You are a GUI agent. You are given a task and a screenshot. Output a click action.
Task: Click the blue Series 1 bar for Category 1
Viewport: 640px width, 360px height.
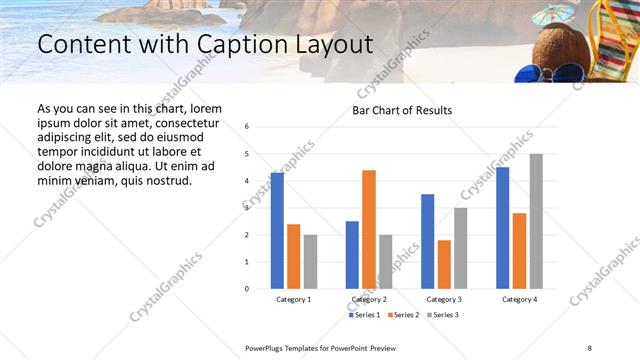277,231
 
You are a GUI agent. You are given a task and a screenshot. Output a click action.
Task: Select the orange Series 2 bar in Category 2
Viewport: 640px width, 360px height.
368,230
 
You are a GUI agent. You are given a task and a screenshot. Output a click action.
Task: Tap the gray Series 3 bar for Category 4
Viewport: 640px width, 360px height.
536,221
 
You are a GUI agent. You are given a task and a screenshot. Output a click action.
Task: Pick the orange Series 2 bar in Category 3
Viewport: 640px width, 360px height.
443,264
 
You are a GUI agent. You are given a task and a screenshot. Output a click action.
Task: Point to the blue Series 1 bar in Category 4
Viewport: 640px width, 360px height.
502,228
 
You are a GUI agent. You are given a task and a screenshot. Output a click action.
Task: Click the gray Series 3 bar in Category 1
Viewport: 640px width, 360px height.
310,262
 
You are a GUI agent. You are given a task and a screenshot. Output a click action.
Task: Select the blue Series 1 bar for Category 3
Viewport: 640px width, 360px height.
427,241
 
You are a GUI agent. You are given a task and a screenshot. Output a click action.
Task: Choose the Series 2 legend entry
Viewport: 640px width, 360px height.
402,315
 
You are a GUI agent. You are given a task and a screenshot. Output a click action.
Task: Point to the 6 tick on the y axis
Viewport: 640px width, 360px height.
247,127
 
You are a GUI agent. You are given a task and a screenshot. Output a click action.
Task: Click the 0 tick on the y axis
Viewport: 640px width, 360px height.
247,289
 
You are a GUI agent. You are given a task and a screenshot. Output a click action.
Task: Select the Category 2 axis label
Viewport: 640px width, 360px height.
368,299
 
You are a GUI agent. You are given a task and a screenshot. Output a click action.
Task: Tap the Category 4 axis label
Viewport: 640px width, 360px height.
519,299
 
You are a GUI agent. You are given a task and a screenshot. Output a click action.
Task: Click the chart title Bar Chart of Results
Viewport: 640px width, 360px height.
402,110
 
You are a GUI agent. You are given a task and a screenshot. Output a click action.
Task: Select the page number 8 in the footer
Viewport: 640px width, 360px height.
590,347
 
